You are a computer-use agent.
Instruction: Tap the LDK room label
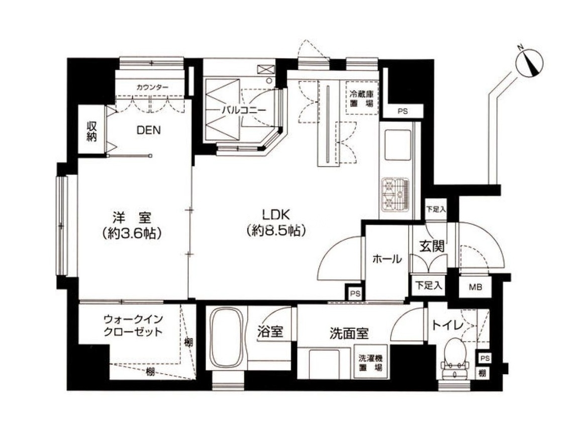pyautogui.click(x=276, y=214)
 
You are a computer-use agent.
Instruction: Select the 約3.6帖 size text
pyautogui.click(x=133, y=233)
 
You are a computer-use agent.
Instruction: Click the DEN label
pyautogui.click(x=149, y=130)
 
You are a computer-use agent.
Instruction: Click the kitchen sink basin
pyautogui.click(x=398, y=145)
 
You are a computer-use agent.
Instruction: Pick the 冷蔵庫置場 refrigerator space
pyautogui.click(x=361, y=98)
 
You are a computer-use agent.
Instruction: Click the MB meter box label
pyautogui.click(x=475, y=287)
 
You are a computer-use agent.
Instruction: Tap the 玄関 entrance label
pyautogui.click(x=432, y=246)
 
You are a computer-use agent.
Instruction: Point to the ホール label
pyautogui.click(x=387, y=258)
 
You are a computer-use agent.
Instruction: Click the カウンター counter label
pyautogui.click(x=152, y=87)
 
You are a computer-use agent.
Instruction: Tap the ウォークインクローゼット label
pyautogui.click(x=133, y=325)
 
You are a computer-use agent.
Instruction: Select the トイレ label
pyautogui.click(x=447, y=325)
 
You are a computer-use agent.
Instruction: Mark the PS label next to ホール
pyautogui.click(x=355, y=294)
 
